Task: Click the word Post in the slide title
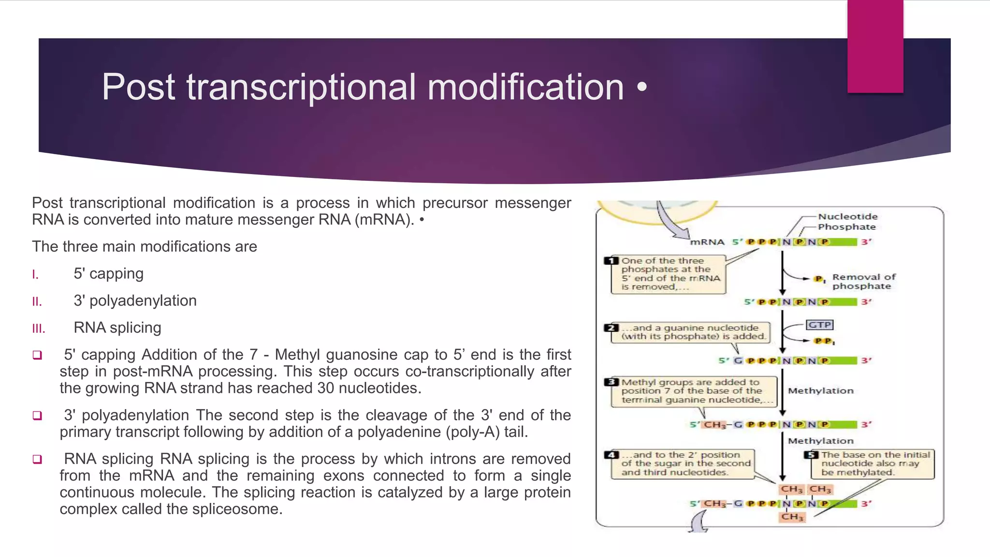pyautogui.click(x=138, y=87)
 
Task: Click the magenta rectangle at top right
pyautogui.click(x=875, y=46)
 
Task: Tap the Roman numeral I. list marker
pyautogui.click(x=35, y=275)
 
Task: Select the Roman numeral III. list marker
pyautogui.click(x=39, y=329)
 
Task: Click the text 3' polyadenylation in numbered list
pyautogui.click(x=135, y=301)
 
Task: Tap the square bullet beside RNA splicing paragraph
pyautogui.click(x=37, y=459)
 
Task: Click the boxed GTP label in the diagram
pyautogui.click(x=820, y=325)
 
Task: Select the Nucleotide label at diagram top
pyautogui.click(x=847, y=217)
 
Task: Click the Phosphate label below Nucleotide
pyautogui.click(x=846, y=227)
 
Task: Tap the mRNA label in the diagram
pyautogui.click(x=707, y=242)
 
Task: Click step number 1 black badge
pyautogui.click(x=611, y=261)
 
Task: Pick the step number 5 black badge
pyautogui.click(x=811, y=454)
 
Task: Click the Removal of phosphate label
pyautogui.click(x=863, y=281)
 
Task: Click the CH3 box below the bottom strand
pyautogui.click(x=792, y=517)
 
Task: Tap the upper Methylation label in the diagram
pyautogui.click(x=820, y=391)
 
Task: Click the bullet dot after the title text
pyautogui.click(x=641, y=88)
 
